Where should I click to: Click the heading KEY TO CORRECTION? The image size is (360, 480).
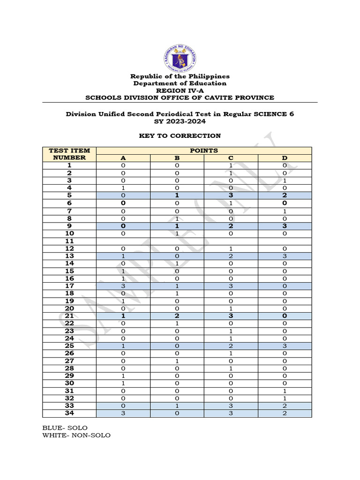(x=180, y=136)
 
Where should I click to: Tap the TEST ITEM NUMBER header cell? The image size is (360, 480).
(x=69, y=154)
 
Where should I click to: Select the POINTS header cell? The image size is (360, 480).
(x=203, y=150)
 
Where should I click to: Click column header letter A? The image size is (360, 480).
(x=123, y=158)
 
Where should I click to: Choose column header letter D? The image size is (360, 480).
(x=284, y=158)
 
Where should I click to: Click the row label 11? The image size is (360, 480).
(x=69, y=241)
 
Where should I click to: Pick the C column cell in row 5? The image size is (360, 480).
(x=231, y=195)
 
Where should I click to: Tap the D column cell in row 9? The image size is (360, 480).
(x=284, y=226)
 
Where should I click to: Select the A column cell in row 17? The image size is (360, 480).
(x=123, y=286)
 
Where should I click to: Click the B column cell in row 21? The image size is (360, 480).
(x=177, y=316)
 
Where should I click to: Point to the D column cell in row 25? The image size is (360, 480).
(x=284, y=346)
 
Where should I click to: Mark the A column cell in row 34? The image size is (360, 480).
(x=123, y=413)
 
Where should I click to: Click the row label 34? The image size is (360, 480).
(x=69, y=413)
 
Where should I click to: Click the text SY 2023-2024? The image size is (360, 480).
(x=180, y=121)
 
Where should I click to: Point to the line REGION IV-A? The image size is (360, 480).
(x=180, y=90)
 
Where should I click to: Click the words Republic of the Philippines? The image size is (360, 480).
(x=180, y=76)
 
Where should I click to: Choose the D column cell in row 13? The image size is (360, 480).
(x=284, y=256)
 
